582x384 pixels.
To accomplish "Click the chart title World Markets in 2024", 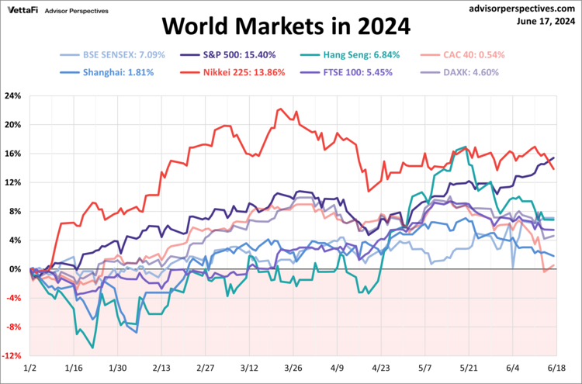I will tap(286, 27).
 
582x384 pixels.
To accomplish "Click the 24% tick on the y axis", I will tap(12, 96).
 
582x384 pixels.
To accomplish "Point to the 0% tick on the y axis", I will tap(15, 269).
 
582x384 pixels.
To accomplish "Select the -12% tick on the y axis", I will tap(11, 356).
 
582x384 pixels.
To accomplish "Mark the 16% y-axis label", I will tap(12, 154).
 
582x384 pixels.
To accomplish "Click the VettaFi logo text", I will tap(23, 11).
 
